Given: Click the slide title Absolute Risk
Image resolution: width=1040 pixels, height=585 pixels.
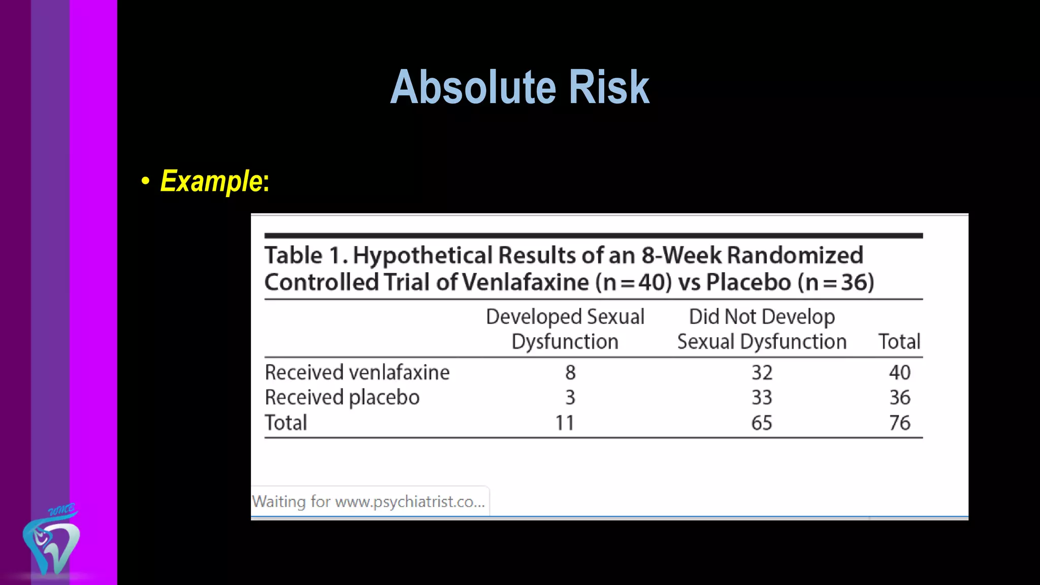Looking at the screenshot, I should (519, 87).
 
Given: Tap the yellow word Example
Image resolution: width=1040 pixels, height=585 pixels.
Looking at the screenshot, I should (211, 181).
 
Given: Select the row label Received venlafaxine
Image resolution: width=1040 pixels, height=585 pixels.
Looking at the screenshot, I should (357, 372).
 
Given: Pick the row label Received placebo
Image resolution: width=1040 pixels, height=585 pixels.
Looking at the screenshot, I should (342, 397).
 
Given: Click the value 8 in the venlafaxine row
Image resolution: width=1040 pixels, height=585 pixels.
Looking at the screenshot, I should (570, 372).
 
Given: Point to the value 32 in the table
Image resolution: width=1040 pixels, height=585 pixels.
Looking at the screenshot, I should (762, 372).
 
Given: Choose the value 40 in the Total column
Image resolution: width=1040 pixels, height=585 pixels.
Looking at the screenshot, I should (899, 372).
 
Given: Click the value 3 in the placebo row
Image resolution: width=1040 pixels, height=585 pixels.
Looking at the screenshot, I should (570, 397).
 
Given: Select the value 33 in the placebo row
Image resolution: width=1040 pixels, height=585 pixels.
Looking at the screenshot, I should (762, 397).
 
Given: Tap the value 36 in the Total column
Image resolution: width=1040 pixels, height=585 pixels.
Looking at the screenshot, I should (899, 397).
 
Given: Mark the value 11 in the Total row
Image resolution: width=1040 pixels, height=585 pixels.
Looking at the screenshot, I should (564, 422).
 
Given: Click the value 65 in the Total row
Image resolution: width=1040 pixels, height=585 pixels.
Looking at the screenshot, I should (762, 422).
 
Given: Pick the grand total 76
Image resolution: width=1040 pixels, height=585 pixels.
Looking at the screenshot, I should (899, 422).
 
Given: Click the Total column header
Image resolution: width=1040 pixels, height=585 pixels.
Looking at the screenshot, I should (899, 341).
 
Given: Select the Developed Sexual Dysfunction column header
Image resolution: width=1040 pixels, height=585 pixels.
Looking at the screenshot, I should (565, 329).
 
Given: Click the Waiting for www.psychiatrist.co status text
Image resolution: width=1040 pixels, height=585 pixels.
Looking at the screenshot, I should (369, 502).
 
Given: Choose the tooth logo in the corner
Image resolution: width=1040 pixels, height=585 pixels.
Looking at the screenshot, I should (51, 543).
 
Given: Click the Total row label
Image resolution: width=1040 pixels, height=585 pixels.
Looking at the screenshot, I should (286, 422).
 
